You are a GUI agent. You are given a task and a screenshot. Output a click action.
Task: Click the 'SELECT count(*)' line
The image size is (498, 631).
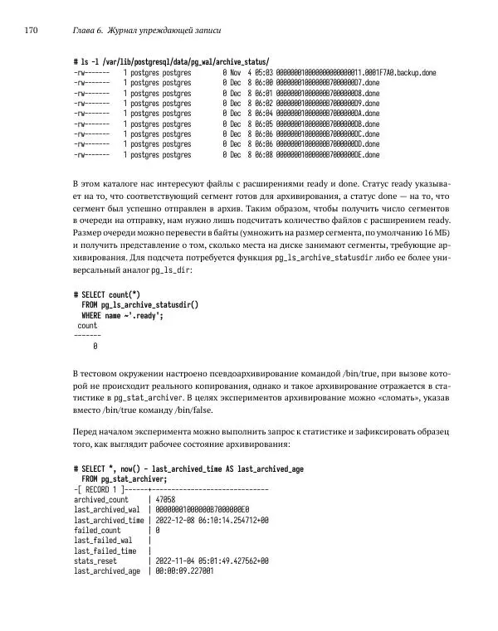[106, 294]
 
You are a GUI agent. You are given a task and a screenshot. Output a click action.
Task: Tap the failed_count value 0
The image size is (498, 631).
[157, 530]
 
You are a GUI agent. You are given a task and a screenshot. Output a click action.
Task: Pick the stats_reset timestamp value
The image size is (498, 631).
[212, 561]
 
